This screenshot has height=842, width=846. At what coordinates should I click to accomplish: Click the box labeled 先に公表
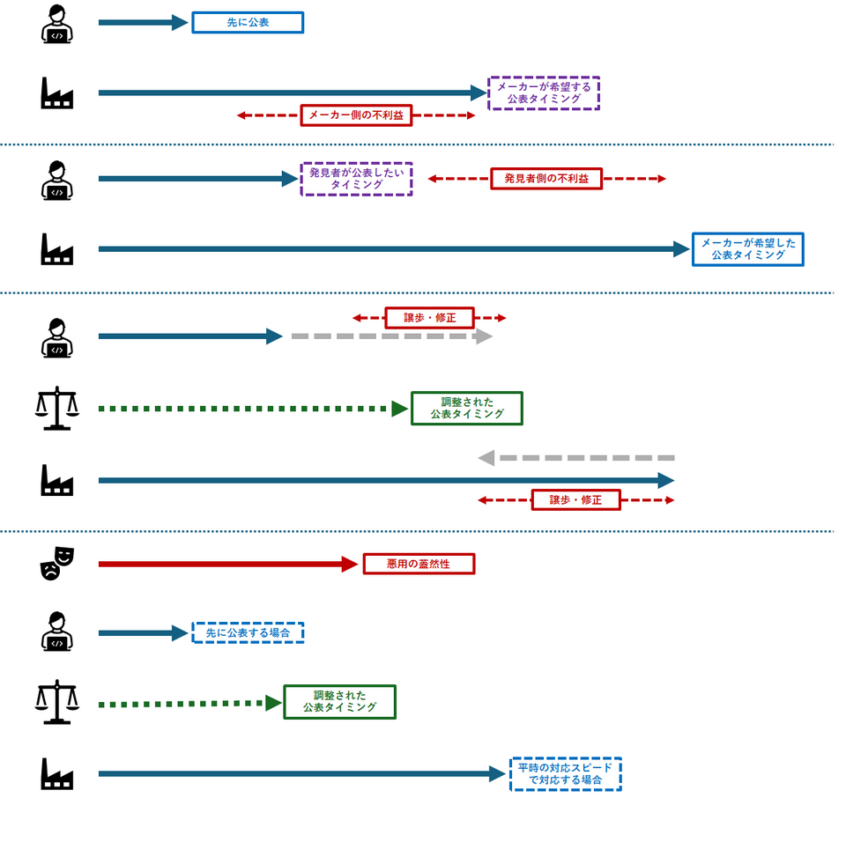pyautogui.click(x=248, y=23)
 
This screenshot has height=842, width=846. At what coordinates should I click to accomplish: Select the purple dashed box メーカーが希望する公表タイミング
pyautogui.click(x=544, y=93)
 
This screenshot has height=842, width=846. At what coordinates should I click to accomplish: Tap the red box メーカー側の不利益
pyautogui.click(x=356, y=115)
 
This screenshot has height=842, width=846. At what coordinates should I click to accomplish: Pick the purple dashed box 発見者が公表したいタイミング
pyautogui.click(x=356, y=179)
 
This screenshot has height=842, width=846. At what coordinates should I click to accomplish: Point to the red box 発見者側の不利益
pyautogui.click(x=546, y=179)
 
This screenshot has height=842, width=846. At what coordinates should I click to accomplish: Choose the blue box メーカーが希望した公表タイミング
pyautogui.click(x=748, y=249)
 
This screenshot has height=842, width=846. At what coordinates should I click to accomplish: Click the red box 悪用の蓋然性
pyautogui.click(x=419, y=564)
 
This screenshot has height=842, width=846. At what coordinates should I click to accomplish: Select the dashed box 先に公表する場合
pyautogui.click(x=248, y=632)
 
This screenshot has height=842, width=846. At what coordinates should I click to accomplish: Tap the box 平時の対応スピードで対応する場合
pyautogui.click(x=566, y=774)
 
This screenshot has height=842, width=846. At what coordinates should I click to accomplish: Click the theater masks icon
pyautogui.click(x=57, y=564)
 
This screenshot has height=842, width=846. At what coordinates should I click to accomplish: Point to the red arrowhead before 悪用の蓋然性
pyautogui.click(x=350, y=565)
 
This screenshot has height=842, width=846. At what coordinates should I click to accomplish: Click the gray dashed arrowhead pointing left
pyautogui.click(x=486, y=458)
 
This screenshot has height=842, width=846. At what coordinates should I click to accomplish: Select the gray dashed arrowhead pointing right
pyautogui.click(x=484, y=336)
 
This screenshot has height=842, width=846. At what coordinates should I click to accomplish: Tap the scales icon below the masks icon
pyautogui.click(x=57, y=702)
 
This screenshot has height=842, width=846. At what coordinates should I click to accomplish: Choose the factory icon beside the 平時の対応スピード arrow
pyautogui.click(x=57, y=773)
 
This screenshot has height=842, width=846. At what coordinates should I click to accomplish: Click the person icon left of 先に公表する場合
pyautogui.click(x=57, y=631)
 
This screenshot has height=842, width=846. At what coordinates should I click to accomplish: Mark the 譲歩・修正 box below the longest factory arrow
pyautogui.click(x=575, y=500)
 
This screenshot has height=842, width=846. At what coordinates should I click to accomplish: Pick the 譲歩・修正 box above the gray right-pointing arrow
pyautogui.click(x=429, y=318)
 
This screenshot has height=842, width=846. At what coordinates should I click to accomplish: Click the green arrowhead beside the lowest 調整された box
pyautogui.click(x=273, y=704)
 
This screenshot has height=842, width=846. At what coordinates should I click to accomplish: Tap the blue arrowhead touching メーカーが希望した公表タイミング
pyautogui.click(x=682, y=249)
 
